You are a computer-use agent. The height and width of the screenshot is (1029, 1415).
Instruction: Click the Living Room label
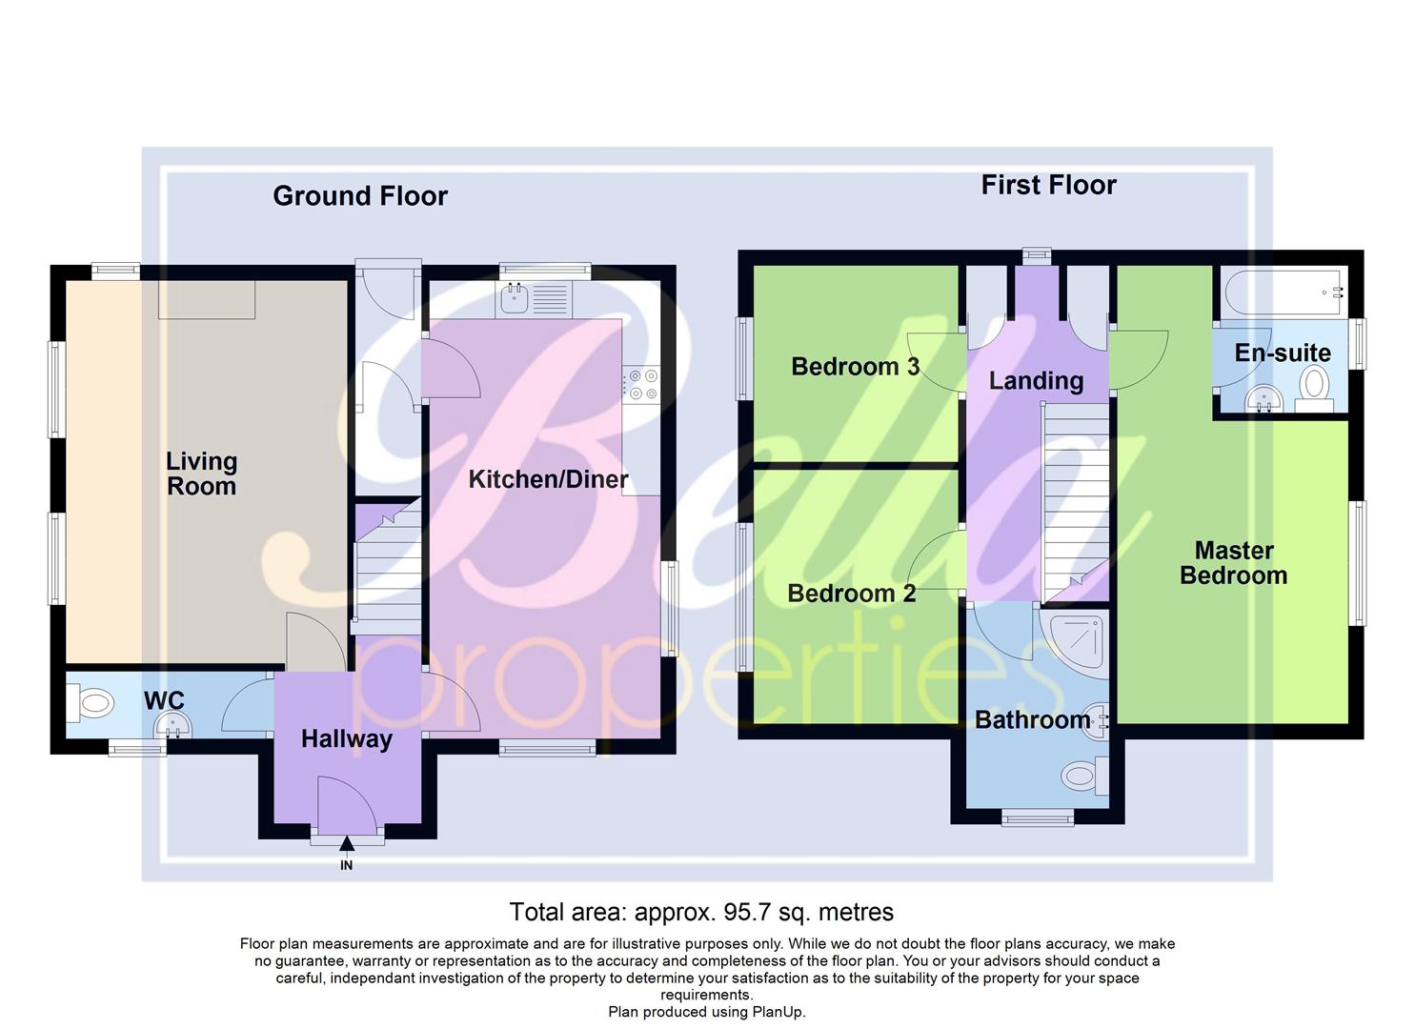pos(201,474)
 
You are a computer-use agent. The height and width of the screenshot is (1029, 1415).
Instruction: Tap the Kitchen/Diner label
pos(548,479)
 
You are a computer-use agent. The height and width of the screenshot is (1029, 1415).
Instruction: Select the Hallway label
pos(346,739)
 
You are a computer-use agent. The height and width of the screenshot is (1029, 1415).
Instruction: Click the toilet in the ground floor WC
pos(92,706)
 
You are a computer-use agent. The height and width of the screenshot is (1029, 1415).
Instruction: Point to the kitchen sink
pos(516,299)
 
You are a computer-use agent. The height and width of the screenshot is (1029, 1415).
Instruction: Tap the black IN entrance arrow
pos(347,844)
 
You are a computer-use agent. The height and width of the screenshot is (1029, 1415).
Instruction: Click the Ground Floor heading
pos(359,196)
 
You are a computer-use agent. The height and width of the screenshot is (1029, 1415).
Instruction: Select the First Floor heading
pos(1048,185)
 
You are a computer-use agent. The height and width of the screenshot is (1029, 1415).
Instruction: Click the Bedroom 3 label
pos(855,367)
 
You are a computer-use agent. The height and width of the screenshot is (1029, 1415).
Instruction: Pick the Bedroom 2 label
pos(851,594)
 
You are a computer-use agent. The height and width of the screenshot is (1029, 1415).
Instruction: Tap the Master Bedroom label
pos(1233,563)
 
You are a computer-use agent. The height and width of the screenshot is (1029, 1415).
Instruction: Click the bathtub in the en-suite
pos(1281,291)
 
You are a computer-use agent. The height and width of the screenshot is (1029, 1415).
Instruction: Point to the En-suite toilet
pos(1315,387)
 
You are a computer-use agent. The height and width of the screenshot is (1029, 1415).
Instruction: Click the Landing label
pos(1036,381)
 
